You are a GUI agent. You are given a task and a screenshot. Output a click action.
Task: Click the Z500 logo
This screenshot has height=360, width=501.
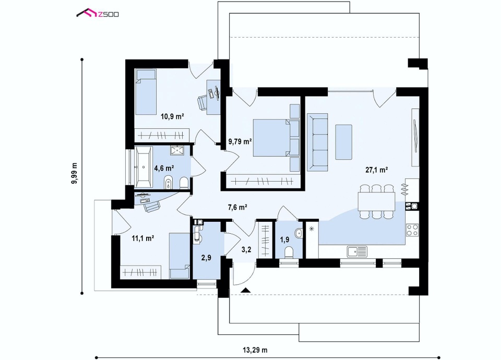point(98,13)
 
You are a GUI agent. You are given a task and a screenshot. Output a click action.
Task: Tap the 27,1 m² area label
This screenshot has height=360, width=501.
point(376,170)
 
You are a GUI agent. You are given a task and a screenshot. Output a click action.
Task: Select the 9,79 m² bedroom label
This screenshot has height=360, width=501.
point(240,141)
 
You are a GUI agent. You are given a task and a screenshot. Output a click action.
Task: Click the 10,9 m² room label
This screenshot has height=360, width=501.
point(172,116)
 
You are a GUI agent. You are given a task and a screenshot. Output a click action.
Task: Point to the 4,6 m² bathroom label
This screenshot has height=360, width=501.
point(164,168)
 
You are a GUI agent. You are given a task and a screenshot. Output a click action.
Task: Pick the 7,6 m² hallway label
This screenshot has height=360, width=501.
point(237,208)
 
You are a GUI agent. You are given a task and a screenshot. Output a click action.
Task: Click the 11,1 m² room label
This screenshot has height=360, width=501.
point(143,238)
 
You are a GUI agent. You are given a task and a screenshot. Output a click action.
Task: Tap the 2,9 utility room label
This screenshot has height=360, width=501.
point(206,257)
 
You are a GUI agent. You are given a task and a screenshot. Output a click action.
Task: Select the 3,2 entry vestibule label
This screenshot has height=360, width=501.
point(246,249)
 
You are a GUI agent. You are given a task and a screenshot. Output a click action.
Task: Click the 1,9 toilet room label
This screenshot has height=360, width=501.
point(285,239)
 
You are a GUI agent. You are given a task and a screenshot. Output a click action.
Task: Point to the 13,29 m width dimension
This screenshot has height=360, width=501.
point(255,350)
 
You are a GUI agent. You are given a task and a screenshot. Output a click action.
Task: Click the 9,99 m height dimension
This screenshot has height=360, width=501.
point(75,173)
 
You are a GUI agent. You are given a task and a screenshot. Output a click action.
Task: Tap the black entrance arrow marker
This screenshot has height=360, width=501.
point(245,290)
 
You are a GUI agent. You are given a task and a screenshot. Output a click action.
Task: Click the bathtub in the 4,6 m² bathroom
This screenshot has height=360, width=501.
point(144,167)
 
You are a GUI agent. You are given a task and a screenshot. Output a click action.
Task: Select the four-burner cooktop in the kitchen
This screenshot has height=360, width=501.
point(412,230)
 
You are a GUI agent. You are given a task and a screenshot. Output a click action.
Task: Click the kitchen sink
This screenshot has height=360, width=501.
point(357,251)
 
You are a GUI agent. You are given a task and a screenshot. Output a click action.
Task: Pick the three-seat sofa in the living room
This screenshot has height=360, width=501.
point(317,142)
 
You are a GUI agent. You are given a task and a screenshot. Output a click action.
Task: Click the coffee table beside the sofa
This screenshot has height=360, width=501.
point(343,142)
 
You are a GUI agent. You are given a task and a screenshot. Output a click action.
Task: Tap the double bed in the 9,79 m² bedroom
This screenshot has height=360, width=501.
point(271,138)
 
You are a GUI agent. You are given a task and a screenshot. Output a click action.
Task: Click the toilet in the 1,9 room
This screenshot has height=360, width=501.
point(289,252)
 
